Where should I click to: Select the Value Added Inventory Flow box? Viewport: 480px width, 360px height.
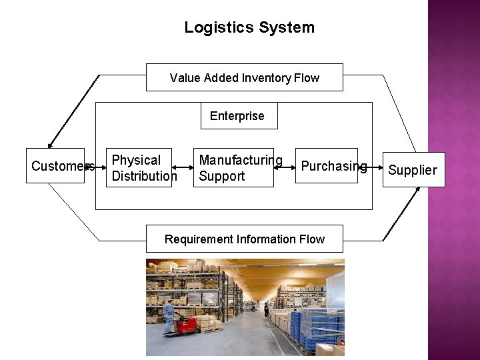pyautogui.click(x=244, y=77)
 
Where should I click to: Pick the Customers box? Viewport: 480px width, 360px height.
pyautogui.click(x=55, y=165)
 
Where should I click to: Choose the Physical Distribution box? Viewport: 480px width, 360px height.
pyautogui.click(x=139, y=167)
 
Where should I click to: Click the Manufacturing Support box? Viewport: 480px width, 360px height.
pyautogui.click(x=233, y=167)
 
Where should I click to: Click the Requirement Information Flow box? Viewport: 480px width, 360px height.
pyautogui.click(x=244, y=239)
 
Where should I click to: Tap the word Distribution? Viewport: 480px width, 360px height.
pyautogui.click(x=145, y=176)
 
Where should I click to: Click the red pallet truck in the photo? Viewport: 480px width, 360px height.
pyautogui.click(x=187, y=325)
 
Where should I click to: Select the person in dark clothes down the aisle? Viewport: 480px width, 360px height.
pyautogui.click(x=266, y=309)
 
